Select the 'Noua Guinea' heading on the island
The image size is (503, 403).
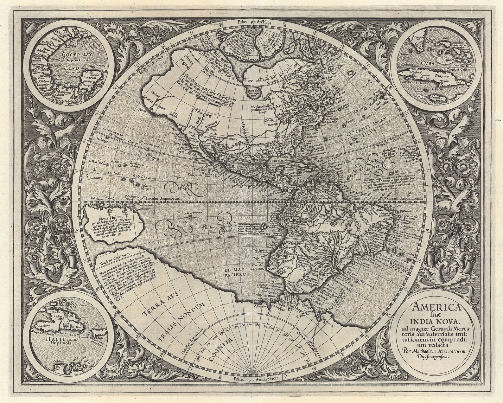(105, 218)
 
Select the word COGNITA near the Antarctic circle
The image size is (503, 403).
(220, 350)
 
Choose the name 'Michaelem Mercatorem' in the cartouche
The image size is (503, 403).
(439, 351)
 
